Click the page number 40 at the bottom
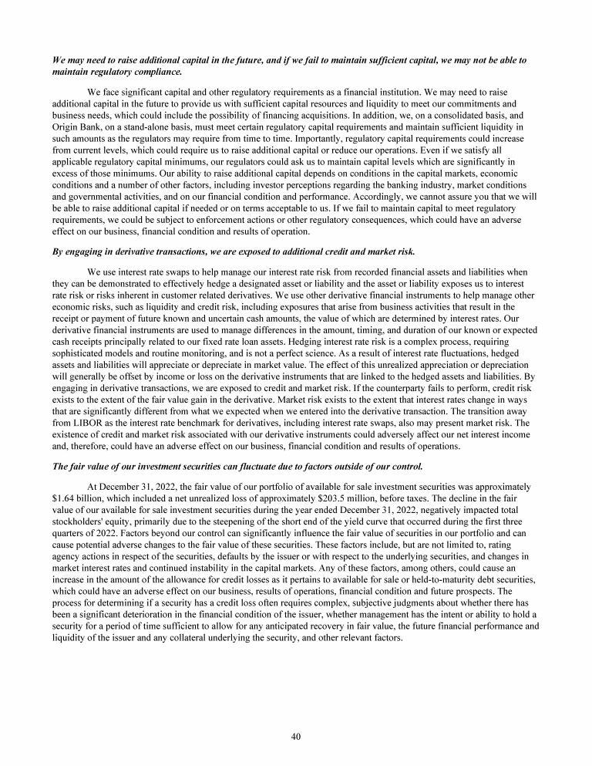(x=295, y=736)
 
